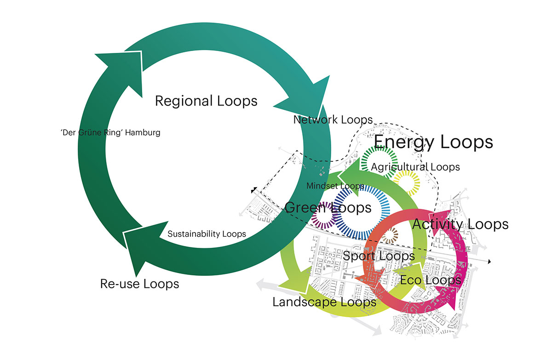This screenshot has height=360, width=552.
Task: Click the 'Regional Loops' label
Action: [x=206, y=101]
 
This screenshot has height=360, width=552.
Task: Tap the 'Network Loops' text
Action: [x=333, y=120]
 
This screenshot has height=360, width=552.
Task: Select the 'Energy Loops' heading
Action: [x=433, y=142]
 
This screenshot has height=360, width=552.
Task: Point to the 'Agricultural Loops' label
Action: [x=415, y=167]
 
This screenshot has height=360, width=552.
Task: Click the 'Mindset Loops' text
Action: [x=335, y=186]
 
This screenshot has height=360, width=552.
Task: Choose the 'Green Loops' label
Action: [x=328, y=208]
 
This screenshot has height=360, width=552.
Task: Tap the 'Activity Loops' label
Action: [x=460, y=224]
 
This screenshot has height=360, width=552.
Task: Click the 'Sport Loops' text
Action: [x=379, y=256]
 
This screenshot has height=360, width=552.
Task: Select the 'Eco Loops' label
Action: [x=431, y=280]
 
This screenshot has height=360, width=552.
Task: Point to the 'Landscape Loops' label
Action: [x=324, y=302]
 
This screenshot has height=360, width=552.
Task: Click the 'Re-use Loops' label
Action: [x=139, y=284]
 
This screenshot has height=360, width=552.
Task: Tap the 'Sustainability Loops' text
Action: [x=207, y=234]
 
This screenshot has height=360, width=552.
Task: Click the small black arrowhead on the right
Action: [x=489, y=262]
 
